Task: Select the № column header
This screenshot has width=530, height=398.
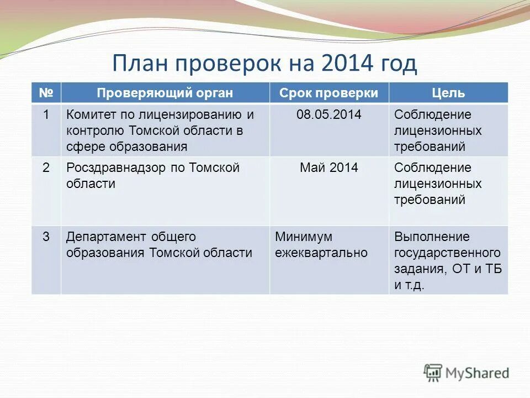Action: point(46,93)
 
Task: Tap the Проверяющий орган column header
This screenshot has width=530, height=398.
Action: point(165,93)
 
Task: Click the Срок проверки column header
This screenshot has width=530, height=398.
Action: point(328,93)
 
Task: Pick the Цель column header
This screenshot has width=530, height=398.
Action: point(448,93)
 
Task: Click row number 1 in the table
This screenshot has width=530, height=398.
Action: point(46,115)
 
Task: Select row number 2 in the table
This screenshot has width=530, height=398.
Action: point(46,167)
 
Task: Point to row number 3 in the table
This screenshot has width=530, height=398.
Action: point(46,237)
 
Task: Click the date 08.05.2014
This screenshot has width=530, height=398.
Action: point(328,115)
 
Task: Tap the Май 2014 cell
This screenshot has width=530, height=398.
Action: point(328,167)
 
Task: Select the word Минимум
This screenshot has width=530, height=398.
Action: point(304,237)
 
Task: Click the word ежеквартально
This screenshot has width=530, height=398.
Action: point(321,253)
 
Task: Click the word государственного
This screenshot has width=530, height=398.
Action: point(447,253)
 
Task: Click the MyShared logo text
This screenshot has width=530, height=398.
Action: point(478,373)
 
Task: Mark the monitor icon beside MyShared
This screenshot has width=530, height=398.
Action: point(433,373)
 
